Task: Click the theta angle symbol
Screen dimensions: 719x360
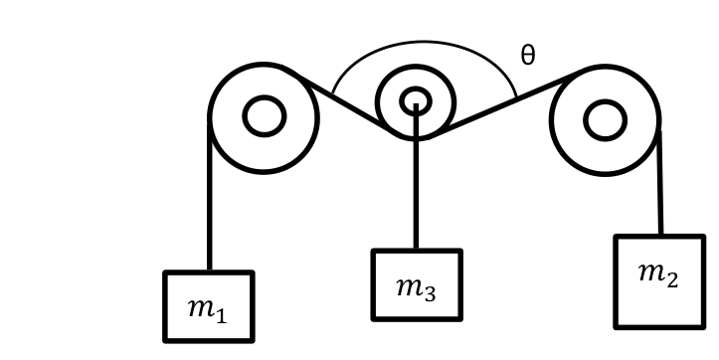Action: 528,55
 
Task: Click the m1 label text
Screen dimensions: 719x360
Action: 207,310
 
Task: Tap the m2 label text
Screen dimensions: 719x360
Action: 658,274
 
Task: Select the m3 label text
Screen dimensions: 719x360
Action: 416,289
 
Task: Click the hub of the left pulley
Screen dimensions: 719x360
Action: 265,116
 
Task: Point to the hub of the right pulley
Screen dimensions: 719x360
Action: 606,120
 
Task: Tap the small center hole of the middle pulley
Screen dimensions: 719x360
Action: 416,101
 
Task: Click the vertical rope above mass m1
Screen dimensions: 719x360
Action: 210,196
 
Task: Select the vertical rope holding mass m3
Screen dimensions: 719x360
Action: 416,177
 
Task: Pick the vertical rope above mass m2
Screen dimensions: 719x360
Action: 660,183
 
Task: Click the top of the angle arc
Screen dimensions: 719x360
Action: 425,42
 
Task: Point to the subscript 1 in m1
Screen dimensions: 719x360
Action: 222,315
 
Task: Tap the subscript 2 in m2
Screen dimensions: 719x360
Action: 672,280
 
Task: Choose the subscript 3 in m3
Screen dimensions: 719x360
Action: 430,294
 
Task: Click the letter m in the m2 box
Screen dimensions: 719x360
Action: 651,272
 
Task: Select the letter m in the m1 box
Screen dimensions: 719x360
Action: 201,308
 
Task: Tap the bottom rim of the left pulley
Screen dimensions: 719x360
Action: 264,171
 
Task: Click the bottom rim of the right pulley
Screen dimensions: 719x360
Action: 606,173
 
